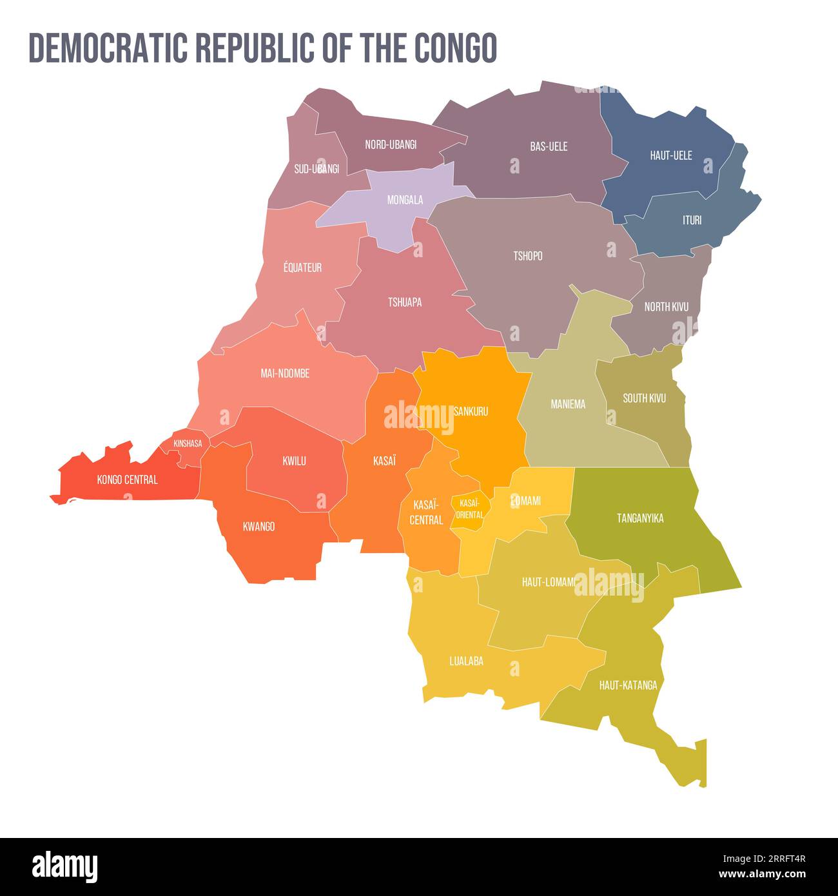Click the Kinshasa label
click(188, 443)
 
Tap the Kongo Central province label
click(127, 480)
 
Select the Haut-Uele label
click(671, 155)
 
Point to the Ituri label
click(692, 220)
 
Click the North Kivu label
click(666, 307)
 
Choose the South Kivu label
click(644, 398)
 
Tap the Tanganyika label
click(640, 518)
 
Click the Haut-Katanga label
click(628, 685)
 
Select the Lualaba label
click(466, 661)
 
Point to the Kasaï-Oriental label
click(470, 509)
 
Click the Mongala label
click(405, 200)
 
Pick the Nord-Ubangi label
click(391, 144)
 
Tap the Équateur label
click(302, 268)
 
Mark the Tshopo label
click(527, 256)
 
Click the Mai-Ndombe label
click(285, 373)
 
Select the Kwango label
click(258, 527)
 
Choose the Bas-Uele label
click(549, 146)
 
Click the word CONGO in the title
click(454, 47)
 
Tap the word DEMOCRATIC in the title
click(108, 47)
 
